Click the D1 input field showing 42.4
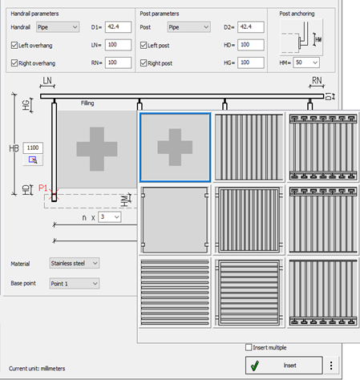[x=118, y=27]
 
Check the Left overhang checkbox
[x=14, y=45]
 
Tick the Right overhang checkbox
[x=14, y=63]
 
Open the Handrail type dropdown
[x=58, y=27]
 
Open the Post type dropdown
[x=189, y=27]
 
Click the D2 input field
[x=251, y=27]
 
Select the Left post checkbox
[x=144, y=45]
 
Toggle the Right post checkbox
[x=144, y=63]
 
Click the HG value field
[x=251, y=63]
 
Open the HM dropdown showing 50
[x=306, y=63]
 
